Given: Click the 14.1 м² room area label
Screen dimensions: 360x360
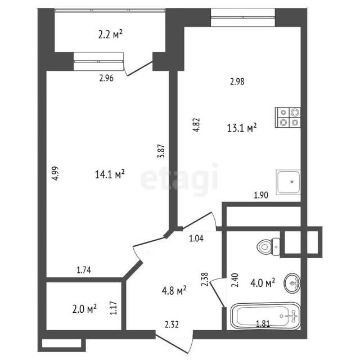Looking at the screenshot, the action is coord(110,174).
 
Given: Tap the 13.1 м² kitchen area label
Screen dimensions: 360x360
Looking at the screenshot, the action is coord(242,128).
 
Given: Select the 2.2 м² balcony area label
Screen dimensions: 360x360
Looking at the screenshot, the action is coord(110,35).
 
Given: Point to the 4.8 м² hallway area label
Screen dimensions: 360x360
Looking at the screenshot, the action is coord(174,291).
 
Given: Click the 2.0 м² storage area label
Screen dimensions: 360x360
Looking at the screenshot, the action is coord(84,309).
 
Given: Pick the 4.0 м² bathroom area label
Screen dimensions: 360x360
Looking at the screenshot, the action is coord(263,282).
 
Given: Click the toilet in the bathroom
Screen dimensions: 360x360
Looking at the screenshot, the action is coord(268,247).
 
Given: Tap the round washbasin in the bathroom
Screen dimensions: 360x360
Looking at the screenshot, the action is coord(292,283).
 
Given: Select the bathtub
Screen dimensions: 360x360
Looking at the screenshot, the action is coord(265,316).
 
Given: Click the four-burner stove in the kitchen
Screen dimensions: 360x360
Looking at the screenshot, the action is coord(288,118).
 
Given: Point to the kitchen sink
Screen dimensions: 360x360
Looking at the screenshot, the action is coord(289,182).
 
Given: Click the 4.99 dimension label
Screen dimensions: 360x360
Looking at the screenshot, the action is coord(55,173).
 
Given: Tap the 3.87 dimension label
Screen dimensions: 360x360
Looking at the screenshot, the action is coord(161,151).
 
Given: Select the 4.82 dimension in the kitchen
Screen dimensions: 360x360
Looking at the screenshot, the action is coord(196,125).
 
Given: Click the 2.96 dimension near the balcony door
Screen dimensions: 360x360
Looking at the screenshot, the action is coord(106,78).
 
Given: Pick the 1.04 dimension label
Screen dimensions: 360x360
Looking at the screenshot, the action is coord(196,238).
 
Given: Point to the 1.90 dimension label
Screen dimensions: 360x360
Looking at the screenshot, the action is coord(261,195).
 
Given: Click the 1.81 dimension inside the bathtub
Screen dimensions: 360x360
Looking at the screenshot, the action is coord(263,324).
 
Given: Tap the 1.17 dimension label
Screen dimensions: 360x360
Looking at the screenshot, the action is coord(113,308).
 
